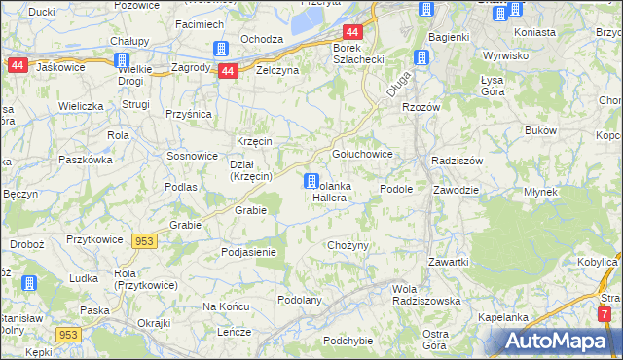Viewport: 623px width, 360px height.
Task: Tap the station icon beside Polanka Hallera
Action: tap(311, 181)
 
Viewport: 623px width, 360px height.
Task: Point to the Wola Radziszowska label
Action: tap(425, 295)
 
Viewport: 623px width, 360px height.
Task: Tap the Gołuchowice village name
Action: tap(362, 154)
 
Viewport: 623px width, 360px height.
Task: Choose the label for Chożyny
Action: tap(348, 245)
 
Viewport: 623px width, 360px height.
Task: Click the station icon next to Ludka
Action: tap(29, 283)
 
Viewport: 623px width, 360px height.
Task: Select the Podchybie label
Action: tap(348, 340)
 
